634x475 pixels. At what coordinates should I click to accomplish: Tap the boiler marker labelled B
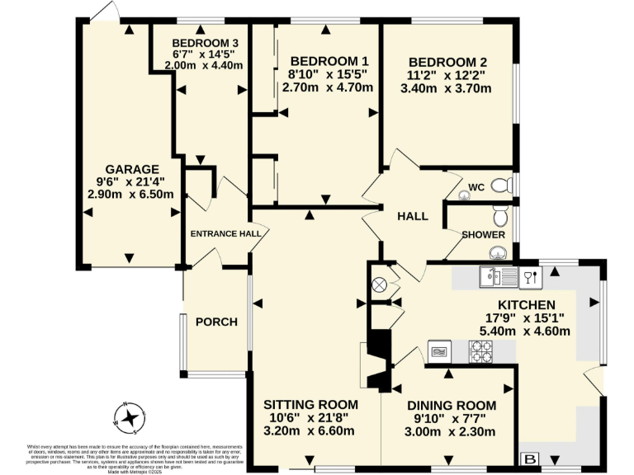529,459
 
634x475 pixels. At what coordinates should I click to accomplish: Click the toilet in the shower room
499,217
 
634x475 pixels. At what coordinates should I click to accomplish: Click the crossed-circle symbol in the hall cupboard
380,285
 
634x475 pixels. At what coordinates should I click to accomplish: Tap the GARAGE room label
130,170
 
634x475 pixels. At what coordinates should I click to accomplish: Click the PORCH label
216,322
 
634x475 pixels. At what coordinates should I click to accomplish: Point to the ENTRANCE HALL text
225,233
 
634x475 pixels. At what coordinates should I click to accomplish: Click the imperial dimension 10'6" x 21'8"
310,418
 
